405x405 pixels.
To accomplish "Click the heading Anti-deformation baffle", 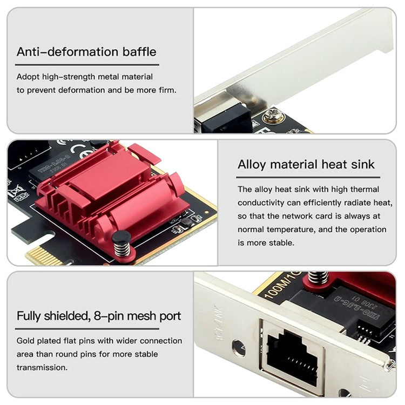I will click(x=86, y=52).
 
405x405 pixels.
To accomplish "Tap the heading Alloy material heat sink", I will click(x=306, y=164).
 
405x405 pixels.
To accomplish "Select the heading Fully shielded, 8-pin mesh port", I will click(x=99, y=316).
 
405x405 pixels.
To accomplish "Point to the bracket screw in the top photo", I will click(x=273, y=116).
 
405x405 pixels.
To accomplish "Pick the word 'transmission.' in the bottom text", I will click(x=42, y=367).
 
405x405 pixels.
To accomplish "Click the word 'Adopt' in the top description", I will click(x=28, y=77).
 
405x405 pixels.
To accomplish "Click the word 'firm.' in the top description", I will click(x=166, y=90).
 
